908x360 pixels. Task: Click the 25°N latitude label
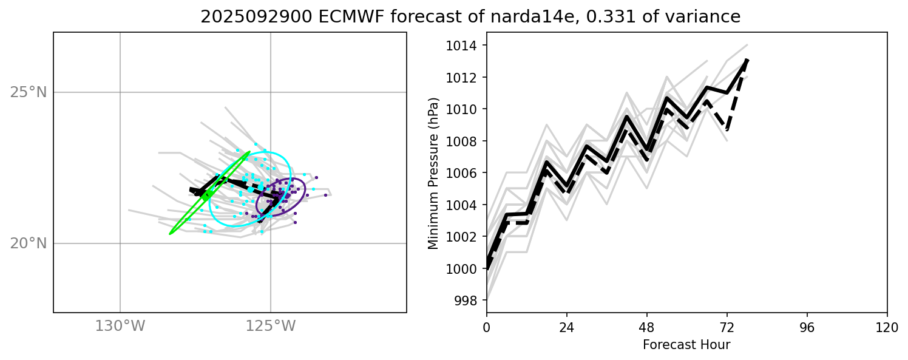29,92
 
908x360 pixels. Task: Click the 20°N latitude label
29,243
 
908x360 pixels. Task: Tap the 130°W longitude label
120,326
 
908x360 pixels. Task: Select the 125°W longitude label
271,326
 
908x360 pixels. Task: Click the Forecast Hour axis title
686,345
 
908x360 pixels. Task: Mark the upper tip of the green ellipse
249,152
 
